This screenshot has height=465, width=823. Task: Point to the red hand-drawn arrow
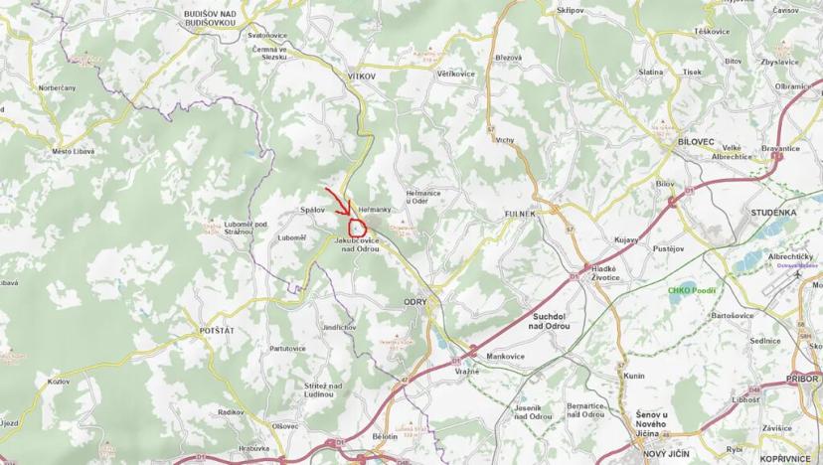click(x=338, y=202)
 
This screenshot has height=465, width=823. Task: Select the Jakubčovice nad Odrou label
click(x=359, y=244)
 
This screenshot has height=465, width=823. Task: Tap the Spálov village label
click(x=314, y=211)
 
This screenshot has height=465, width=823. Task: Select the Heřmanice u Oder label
click(x=430, y=197)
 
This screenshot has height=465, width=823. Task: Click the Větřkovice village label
click(x=456, y=74)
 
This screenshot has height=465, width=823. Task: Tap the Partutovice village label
click(x=287, y=349)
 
